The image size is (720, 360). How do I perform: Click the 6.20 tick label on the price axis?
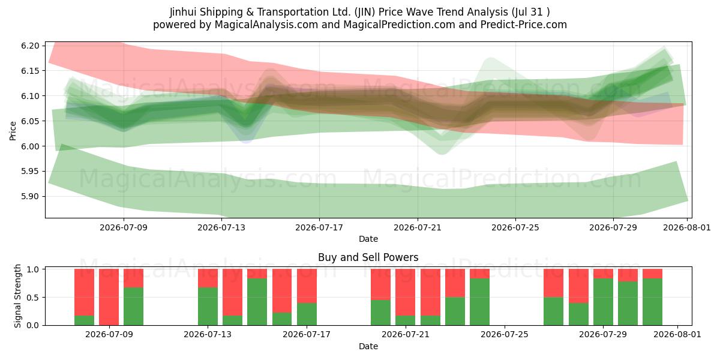pos(30,46)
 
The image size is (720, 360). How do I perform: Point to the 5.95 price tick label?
pos(30,172)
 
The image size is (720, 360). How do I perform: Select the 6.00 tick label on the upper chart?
pos(30,146)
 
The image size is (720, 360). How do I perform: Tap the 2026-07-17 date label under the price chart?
pos(319,227)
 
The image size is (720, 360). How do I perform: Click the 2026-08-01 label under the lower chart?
pos(677,334)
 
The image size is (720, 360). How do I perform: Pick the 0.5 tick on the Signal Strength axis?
pos(33,298)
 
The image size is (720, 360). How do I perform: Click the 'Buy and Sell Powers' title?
pos(368,257)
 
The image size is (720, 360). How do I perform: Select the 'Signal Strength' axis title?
pos(17,296)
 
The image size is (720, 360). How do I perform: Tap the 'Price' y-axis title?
pos(13,131)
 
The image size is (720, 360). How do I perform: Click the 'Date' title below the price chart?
pos(368,239)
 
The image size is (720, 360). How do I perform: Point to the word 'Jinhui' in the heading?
pos(183,12)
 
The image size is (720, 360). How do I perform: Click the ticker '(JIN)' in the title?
pos(365,12)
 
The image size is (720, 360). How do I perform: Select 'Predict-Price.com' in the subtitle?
pos(524,25)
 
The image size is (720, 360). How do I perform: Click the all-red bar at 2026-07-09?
pos(109,297)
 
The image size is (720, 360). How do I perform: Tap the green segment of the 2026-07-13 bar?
pos(208,307)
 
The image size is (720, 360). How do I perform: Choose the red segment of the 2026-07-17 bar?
pos(307,286)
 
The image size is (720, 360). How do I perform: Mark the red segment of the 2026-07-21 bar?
pos(406,292)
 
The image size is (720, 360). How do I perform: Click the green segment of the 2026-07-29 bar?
pos(604,302)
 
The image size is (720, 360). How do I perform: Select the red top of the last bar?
pos(653,274)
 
